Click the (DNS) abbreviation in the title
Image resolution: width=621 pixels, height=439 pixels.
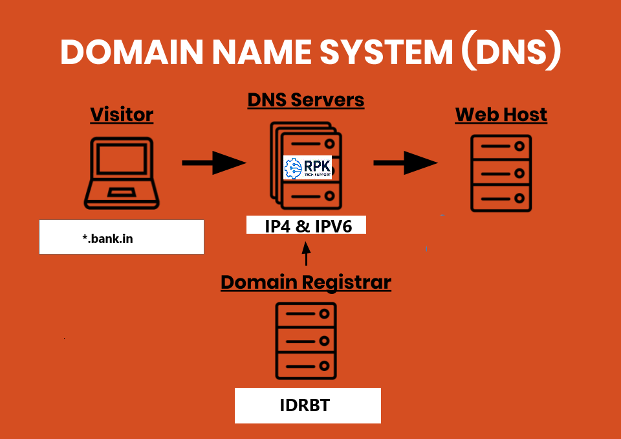click(511, 52)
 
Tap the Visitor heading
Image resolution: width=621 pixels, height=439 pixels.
click(122, 115)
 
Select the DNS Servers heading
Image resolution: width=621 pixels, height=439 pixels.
click(306, 100)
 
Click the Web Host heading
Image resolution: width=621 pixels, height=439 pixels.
click(501, 115)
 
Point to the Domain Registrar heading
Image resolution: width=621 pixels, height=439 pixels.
click(306, 282)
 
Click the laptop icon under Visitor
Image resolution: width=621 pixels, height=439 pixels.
click(122, 172)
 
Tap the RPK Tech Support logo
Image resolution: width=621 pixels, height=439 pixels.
click(307, 168)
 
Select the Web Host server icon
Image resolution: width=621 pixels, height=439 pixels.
click(501, 173)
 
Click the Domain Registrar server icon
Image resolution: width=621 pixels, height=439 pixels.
click(307, 340)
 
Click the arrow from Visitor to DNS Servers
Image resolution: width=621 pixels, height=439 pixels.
click(213, 163)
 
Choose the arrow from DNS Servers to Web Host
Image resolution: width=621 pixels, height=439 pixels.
click(406, 163)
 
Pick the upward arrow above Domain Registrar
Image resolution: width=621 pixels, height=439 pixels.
click(306, 253)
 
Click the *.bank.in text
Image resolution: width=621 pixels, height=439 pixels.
click(108, 238)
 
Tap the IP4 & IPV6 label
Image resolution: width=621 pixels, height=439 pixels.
click(307, 225)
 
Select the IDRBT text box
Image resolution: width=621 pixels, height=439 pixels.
click(307, 406)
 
